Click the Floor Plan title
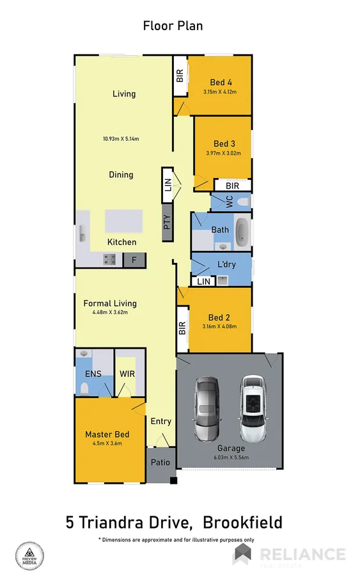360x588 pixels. [173, 26]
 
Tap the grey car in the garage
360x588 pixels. [208, 409]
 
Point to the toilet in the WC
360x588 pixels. [241, 202]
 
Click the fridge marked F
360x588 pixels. [134, 260]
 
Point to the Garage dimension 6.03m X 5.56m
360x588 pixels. [231, 457]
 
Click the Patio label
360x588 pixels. [160, 463]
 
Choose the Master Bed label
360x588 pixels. [107, 435]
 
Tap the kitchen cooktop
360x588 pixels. [109, 260]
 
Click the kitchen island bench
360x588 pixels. [125, 221]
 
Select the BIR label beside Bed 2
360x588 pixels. [182, 328]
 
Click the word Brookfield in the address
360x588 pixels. [242, 523]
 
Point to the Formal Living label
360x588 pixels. [110, 303]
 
